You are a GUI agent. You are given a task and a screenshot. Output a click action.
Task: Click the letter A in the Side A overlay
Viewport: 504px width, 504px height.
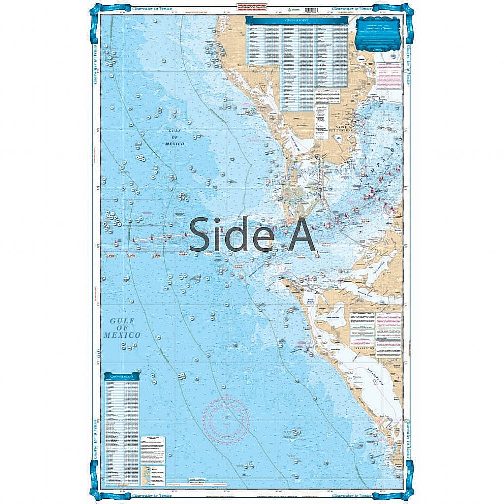pos(300,235)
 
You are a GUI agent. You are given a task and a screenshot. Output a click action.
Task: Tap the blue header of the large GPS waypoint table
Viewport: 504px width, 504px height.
pos(297,21)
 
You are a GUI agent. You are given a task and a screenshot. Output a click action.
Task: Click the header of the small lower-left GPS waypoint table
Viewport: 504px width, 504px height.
pos(122,376)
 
